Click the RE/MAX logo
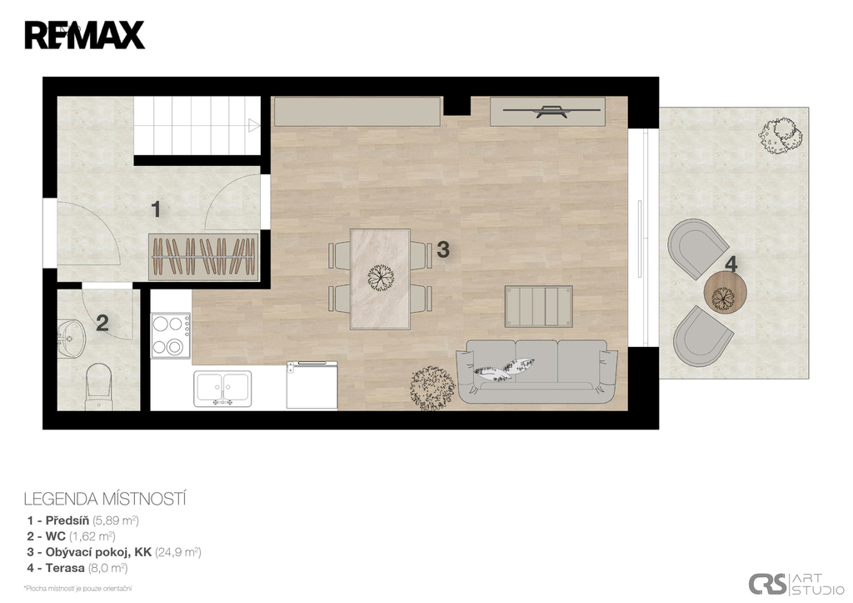coord(84,35)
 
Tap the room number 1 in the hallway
coord(156,209)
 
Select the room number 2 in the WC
coord(102,323)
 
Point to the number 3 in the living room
coord(443,249)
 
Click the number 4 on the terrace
coord(731,264)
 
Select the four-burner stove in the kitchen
coord(170,335)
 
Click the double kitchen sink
coord(222,389)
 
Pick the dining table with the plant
coord(380,279)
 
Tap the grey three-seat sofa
coord(537,371)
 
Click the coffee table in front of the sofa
coord(539,306)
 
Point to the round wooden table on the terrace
coord(726,293)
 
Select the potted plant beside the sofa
coord(432,387)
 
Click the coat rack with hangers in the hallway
coord(203,257)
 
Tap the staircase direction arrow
coord(254,125)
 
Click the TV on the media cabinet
coord(546,111)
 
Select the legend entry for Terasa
coord(77,568)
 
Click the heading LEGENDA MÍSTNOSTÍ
coord(105,499)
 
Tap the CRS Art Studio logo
coord(796,585)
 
